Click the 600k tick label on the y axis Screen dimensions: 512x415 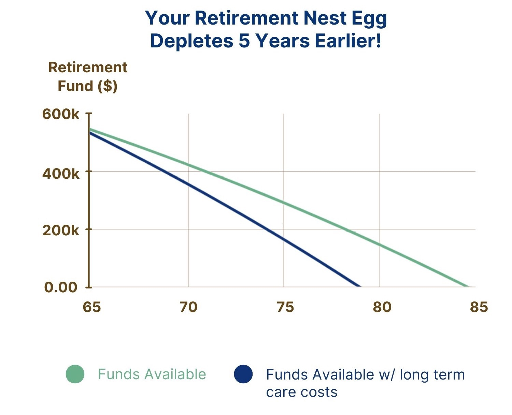60,114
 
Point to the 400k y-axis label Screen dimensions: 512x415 60,173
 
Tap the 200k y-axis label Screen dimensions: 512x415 60,231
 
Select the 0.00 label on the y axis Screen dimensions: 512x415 60,287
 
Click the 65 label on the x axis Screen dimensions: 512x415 91,307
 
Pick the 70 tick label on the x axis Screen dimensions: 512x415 189,307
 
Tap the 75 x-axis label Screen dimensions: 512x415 285,307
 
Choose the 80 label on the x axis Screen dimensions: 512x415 382,307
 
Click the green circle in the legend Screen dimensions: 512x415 75,374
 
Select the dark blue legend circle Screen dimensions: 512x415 243,374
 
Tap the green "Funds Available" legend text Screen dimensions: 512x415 152,374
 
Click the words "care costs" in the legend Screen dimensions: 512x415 302,392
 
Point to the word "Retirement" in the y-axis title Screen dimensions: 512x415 88,67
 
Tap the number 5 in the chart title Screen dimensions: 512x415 244,41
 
